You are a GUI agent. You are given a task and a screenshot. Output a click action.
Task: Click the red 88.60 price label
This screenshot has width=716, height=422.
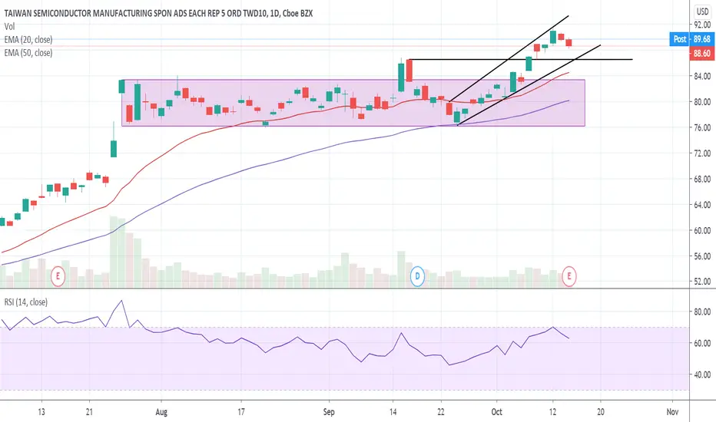click(702, 54)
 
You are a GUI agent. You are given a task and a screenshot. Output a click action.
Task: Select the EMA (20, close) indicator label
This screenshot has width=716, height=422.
click(28, 40)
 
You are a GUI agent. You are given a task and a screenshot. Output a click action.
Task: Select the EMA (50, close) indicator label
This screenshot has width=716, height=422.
click(28, 53)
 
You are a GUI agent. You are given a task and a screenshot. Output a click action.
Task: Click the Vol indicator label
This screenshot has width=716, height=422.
click(9, 26)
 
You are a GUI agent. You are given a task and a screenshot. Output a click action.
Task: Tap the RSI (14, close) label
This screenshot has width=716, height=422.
click(26, 302)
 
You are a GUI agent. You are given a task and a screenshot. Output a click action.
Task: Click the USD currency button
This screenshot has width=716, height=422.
click(702, 11)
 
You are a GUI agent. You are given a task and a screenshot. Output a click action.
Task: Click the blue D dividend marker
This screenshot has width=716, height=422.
click(417, 276)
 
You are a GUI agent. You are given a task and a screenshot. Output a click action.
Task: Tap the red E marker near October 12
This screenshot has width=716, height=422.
click(569, 276)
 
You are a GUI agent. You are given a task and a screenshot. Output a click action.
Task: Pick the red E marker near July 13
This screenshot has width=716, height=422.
click(58, 276)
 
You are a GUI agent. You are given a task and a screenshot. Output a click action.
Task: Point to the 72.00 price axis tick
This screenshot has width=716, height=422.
click(702, 153)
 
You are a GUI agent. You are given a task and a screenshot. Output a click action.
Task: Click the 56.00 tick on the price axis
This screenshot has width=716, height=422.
click(702, 256)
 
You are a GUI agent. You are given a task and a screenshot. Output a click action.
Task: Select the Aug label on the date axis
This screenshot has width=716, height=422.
click(161, 412)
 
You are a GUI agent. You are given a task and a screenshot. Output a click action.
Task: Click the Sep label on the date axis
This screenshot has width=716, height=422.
click(329, 412)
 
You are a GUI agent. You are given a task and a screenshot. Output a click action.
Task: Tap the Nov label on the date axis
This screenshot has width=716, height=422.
click(672, 412)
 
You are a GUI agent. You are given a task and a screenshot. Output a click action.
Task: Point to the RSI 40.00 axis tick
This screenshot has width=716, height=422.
click(702, 374)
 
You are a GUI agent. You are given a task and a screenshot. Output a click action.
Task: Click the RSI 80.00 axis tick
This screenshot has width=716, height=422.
click(702, 312)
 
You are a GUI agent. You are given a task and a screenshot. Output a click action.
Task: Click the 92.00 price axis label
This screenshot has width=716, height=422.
click(702, 25)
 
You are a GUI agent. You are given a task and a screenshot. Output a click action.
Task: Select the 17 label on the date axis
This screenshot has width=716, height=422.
click(241, 412)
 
